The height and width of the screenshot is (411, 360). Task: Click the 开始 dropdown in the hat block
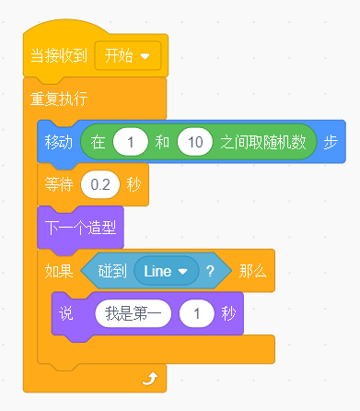128,56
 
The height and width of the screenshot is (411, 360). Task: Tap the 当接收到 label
59,56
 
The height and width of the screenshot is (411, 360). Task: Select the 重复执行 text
59,99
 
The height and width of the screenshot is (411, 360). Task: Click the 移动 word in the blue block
59,142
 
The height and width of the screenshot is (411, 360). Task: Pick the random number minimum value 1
131,142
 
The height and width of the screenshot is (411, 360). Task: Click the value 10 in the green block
195,142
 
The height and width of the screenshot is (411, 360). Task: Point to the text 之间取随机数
263,142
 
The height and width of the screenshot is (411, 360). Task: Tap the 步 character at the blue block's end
331,142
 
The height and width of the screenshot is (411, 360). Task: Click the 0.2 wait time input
100,184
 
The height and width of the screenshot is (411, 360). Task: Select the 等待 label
59,184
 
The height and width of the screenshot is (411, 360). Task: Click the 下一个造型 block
80,228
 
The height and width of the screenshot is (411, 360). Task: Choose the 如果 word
59,271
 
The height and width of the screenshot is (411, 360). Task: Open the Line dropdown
166,271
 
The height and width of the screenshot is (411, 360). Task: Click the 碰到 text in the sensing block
112,271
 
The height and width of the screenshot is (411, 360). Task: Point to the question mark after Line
210,271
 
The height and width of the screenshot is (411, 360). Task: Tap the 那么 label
253,271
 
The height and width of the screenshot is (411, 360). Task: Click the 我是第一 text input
134,313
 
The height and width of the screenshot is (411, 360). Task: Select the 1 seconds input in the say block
197,313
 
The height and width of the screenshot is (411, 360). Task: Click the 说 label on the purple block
66,313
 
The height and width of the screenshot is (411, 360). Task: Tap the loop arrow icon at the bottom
150,379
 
